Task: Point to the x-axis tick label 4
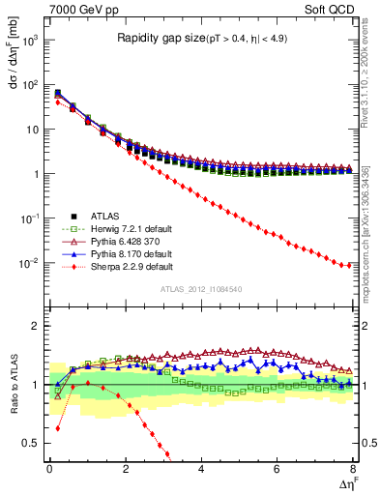pyautogui.click(x=201, y=470)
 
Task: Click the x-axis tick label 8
pyautogui.click(x=352, y=470)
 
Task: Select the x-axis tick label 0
pyautogui.click(x=49, y=470)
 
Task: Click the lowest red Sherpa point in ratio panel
pyautogui.click(x=168, y=454)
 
